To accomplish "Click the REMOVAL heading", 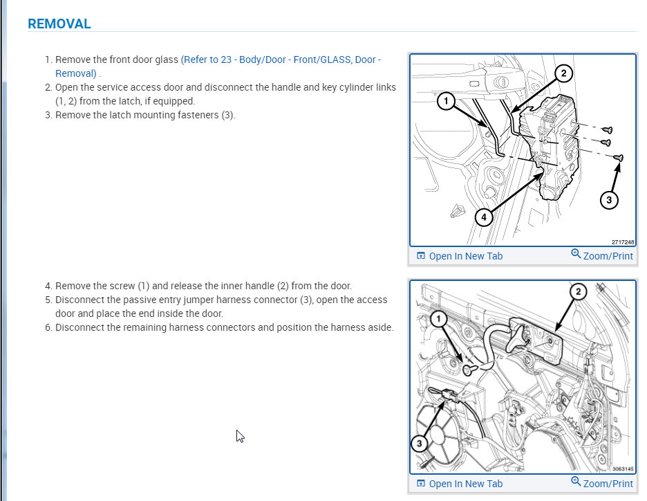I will [59, 24].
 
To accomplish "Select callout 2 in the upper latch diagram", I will [563, 73].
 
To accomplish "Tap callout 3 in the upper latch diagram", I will [608, 200].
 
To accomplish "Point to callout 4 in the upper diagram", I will [484, 217].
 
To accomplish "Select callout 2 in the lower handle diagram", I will [579, 291].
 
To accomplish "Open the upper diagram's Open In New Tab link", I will [465, 256].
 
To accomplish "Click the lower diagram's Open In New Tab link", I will [465, 484].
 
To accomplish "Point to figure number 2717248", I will [623, 242].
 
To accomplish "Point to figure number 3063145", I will [623, 469].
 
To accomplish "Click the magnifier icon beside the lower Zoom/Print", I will [576, 482].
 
